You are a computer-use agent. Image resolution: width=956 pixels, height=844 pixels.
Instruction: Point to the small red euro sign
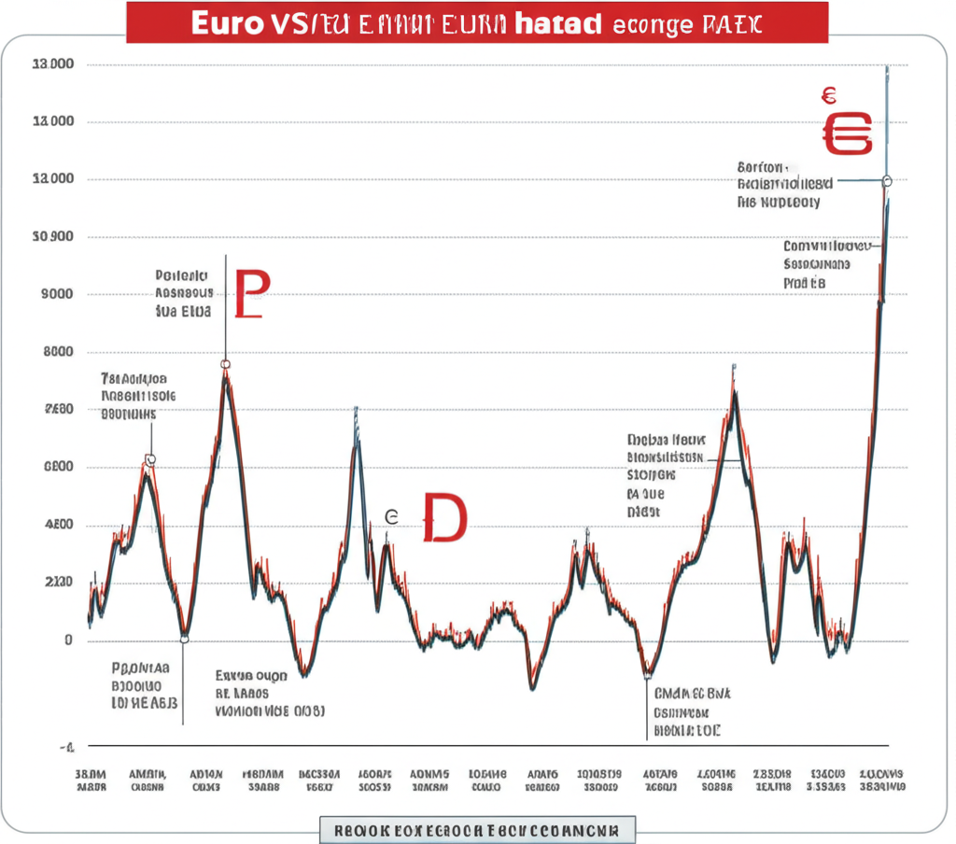click(x=828, y=94)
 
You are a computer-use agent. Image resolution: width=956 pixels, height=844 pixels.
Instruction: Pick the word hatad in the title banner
click(x=558, y=24)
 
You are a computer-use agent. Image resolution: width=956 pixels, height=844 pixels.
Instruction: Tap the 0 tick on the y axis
click(x=68, y=640)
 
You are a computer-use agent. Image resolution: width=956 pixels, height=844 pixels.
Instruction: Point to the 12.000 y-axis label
click(x=52, y=179)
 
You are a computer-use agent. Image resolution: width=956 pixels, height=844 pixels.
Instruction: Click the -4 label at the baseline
click(x=67, y=747)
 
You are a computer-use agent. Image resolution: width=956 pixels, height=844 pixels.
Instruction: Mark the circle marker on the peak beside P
click(x=225, y=364)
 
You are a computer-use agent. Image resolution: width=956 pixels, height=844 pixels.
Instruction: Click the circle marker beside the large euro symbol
click(x=887, y=180)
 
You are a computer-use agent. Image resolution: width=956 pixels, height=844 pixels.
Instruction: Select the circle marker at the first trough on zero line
click(x=184, y=639)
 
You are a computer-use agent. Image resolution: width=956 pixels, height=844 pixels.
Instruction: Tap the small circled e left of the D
click(x=392, y=516)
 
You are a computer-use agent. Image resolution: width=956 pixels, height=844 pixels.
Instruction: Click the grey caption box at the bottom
click(x=476, y=828)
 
